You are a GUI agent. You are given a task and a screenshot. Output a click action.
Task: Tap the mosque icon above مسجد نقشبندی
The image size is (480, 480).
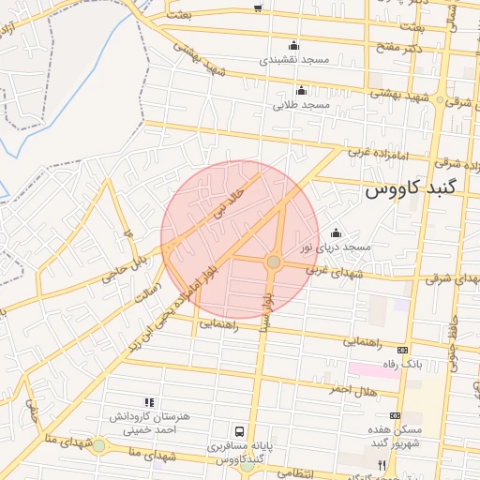tap(294, 46)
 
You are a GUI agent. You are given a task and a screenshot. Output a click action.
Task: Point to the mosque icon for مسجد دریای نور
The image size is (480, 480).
tap(336, 232)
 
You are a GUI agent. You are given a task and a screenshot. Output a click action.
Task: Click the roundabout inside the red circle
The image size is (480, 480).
tap(274, 262)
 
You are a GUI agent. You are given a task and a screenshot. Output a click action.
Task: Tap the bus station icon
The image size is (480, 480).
tap(240, 432)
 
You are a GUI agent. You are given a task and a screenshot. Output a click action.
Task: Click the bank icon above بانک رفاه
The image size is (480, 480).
tap(403, 350)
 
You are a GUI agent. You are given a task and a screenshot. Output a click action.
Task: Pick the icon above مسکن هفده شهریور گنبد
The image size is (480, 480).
tap(395, 415)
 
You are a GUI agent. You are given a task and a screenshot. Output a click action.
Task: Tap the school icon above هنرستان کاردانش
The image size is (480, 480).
tap(149, 401)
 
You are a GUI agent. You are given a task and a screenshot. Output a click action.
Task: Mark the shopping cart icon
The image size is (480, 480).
tap(258, 7)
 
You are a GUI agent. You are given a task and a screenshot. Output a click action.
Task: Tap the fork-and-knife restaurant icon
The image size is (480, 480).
tap(382, 465)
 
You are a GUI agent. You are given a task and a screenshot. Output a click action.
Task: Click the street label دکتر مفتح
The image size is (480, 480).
tap(392, 47)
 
